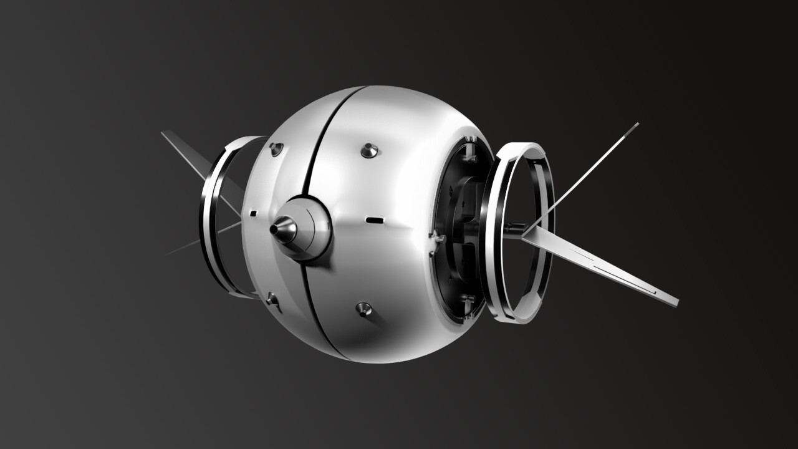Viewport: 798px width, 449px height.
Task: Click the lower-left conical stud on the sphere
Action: tap(273, 300)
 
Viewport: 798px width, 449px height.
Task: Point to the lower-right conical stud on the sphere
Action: tap(363, 308)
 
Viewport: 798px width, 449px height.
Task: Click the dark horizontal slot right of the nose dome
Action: tap(374, 220)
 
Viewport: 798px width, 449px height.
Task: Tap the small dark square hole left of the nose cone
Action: tap(253, 213)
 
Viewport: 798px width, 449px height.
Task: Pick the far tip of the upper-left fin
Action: tap(164, 133)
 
